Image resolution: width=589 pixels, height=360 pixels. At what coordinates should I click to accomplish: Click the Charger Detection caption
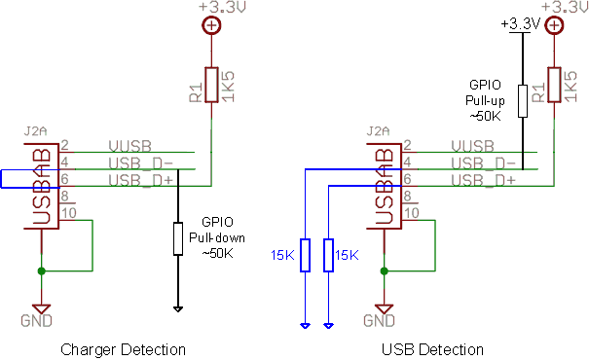[123, 349]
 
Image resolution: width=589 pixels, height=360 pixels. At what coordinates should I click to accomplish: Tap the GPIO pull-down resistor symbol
[178, 239]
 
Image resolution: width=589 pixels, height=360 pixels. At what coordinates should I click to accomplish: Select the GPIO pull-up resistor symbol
[523, 101]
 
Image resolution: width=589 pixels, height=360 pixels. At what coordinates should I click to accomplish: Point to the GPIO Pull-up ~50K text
[485, 100]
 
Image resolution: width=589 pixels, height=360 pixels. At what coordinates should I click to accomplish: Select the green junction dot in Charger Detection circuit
[40, 270]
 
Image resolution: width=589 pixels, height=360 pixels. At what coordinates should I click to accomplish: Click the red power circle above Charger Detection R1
[211, 25]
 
